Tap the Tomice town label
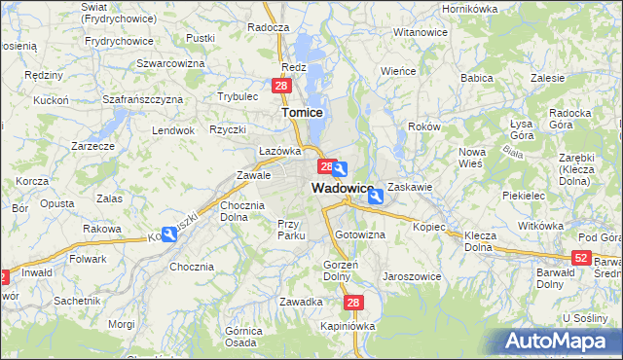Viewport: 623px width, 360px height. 302,113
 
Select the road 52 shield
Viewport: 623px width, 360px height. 581,257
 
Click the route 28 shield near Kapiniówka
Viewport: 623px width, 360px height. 352,304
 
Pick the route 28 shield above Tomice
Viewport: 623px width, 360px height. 281,87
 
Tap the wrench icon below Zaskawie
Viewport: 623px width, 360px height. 376,196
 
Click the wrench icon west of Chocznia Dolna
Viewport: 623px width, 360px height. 170,234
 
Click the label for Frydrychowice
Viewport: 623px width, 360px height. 119,41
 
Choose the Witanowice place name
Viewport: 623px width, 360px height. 421,32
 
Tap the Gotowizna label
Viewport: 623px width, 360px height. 360,235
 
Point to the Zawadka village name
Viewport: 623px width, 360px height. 301,302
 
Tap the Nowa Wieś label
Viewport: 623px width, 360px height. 472,158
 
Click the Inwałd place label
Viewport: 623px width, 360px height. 36,272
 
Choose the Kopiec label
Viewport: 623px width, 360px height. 428,227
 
